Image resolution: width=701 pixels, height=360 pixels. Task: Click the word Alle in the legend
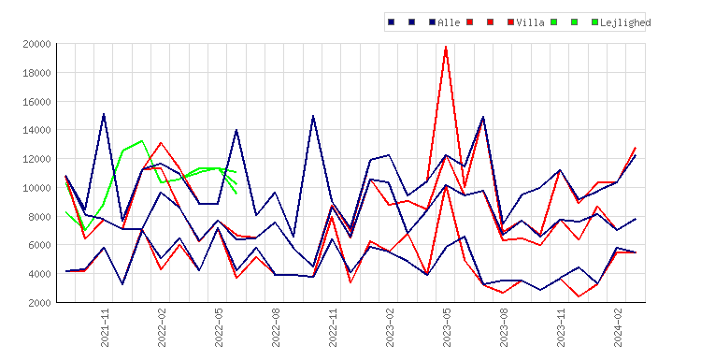click(x=449, y=22)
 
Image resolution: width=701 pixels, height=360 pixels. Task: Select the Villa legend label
click(x=530, y=22)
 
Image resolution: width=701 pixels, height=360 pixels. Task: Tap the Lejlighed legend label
click(x=625, y=22)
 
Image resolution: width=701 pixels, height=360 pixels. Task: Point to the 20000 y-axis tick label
click(x=36, y=44)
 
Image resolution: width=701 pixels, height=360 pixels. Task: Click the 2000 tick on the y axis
click(x=39, y=303)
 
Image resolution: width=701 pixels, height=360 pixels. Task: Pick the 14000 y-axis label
click(x=36, y=130)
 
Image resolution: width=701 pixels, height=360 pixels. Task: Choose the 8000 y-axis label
click(x=39, y=216)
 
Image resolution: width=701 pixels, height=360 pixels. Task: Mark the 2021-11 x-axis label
click(x=105, y=327)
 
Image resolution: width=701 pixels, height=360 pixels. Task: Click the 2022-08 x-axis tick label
click(x=276, y=327)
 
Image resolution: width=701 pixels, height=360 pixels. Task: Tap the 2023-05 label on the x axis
click(x=447, y=327)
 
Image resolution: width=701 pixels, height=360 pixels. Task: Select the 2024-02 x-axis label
click(x=619, y=327)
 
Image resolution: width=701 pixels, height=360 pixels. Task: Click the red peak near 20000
click(x=446, y=47)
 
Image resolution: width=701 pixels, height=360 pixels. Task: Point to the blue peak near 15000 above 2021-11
click(x=104, y=114)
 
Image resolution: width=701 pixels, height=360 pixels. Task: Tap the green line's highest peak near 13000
click(x=142, y=141)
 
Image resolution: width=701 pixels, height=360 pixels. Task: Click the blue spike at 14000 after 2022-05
click(x=236, y=130)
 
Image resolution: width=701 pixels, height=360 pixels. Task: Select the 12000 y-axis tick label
click(x=36, y=159)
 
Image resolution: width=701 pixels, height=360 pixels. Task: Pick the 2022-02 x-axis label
click(x=162, y=327)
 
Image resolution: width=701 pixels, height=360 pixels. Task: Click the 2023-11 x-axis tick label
click(x=561, y=327)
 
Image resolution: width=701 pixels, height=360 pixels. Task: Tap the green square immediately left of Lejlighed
click(x=594, y=22)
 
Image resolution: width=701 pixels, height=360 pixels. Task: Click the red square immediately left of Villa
click(x=510, y=22)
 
